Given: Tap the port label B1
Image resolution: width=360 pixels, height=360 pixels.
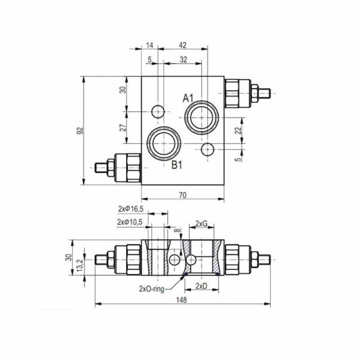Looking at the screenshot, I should pyautogui.click(x=176, y=166).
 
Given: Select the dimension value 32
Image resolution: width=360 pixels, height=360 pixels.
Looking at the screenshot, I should pyautogui.click(x=183, y=59).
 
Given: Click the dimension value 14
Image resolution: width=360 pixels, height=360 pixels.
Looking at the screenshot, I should pyautogui.click(x=149, y=45).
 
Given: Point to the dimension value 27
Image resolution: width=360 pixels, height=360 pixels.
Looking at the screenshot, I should pyautogui.click(x=122, y=127).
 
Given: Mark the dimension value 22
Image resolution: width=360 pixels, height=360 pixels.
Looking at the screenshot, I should pyautogui.click(x=238, y=130).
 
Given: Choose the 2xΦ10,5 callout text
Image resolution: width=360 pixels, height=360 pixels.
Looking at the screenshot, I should pyautogui.click(x=130, y=222).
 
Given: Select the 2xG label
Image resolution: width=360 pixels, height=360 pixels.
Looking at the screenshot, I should pyautogui.click(x=201, y=224).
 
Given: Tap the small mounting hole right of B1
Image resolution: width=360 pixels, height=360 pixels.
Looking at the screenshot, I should pyautogui.click(x=208, y=148).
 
